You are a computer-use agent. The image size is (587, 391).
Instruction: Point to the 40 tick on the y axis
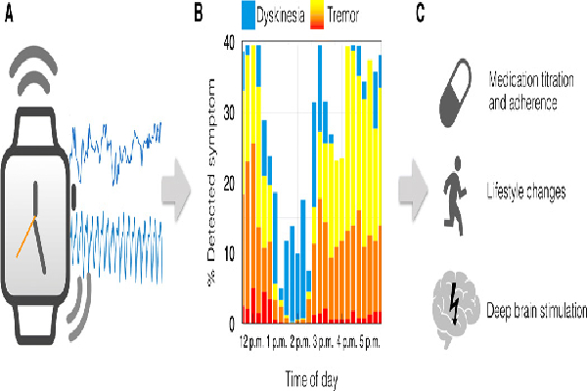click(227, 43)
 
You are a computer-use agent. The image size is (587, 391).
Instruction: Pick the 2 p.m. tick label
click(300, 344)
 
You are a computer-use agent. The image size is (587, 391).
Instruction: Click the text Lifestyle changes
click(526, 192)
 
